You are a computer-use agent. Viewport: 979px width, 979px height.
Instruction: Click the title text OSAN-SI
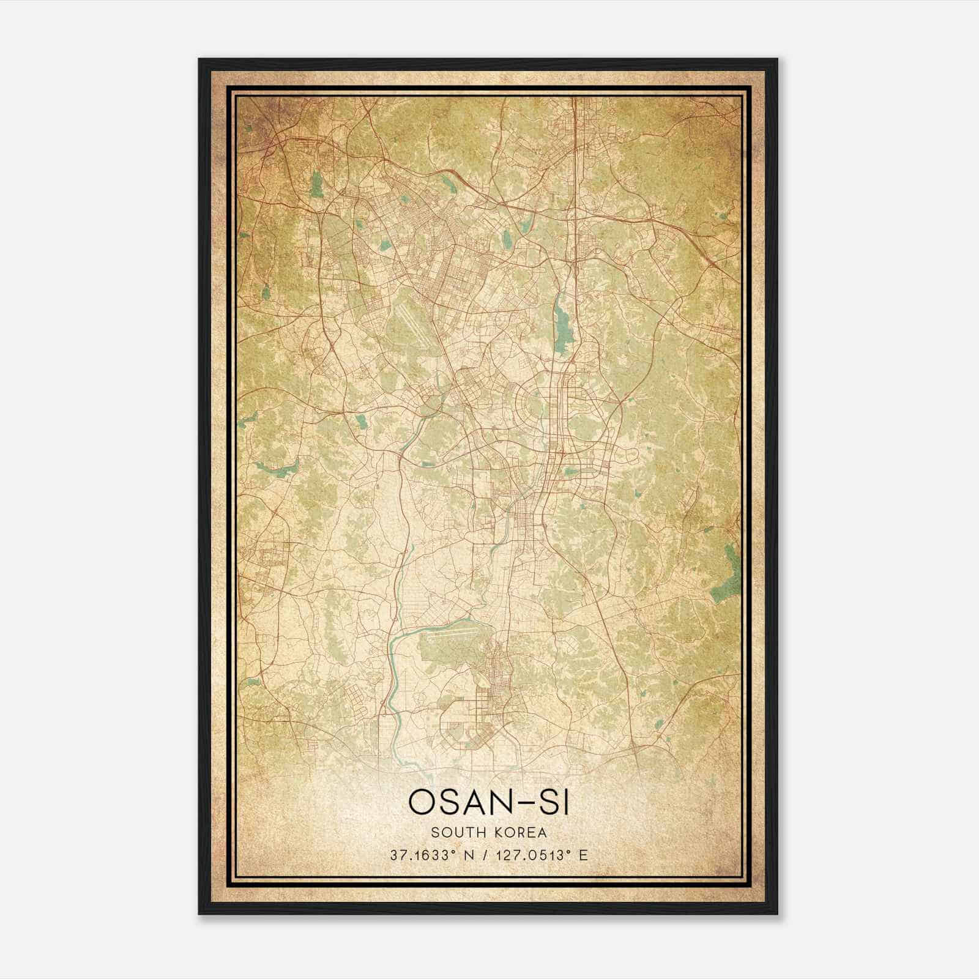coord(489,802)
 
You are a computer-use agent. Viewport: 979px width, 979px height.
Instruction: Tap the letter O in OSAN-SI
coord(422,802)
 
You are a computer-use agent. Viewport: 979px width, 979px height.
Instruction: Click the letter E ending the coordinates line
coord(584,855)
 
